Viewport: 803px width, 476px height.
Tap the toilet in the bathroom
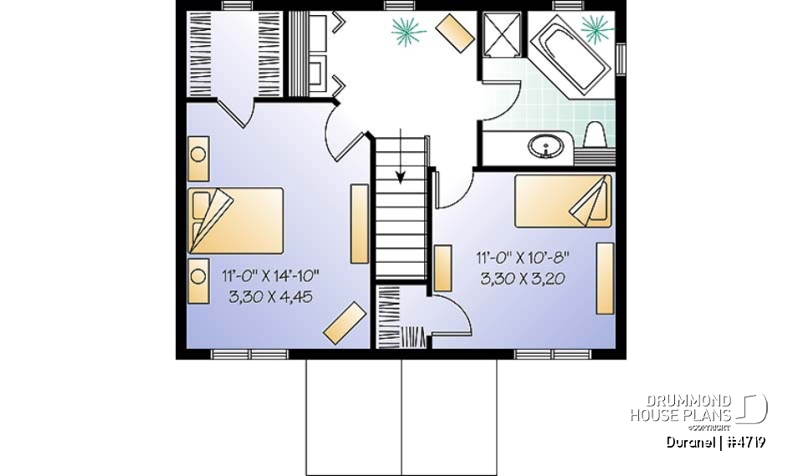(x=595, y=137)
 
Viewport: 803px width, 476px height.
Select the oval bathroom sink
(x=545, y=148)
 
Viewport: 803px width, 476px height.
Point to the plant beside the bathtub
(x=596, y=28)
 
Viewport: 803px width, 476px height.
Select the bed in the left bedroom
(x=236, y=219)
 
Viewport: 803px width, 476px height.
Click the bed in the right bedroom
(x=562, y=201)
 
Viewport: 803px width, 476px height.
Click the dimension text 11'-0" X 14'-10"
(x=270, y=276)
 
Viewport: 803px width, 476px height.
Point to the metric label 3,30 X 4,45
(x=270, y=296)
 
